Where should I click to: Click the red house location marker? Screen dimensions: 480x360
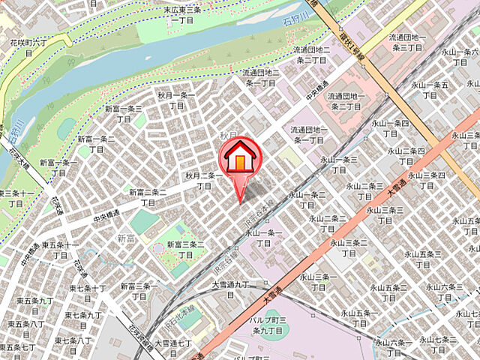239,159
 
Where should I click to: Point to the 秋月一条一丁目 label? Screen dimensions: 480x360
176,100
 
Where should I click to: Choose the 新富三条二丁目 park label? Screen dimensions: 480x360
184,249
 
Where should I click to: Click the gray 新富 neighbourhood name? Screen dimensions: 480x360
125,238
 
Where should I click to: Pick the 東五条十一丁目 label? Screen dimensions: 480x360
61,250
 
